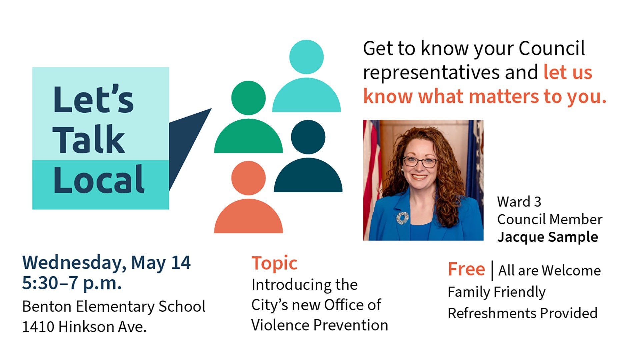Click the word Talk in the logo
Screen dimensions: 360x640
[x=89, y=140]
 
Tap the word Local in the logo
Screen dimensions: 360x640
[x=99, y=180]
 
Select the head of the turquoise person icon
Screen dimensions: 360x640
[x=306, y=57]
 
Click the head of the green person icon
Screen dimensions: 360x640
[x=248, y=98]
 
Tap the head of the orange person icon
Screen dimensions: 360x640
[x=248, y=178]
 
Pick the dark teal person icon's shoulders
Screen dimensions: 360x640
[x=308, y=177]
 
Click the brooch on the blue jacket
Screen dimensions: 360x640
[x=402, y=218]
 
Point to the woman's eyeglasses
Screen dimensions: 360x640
[x=420, y=162]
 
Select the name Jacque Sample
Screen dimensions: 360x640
[x=547, y=237]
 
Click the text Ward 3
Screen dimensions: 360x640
[x=519, y=202]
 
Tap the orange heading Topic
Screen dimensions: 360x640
[x=274, y=263]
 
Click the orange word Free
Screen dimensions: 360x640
[x=466, y=269]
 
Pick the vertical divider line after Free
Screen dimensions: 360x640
[x=492, y=270]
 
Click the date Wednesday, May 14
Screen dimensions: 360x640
[x=106, y=263]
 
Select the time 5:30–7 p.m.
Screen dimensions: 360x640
[x=72, y=283]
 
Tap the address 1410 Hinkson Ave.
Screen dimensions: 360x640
[x=84, y=327]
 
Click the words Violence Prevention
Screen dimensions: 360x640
[x=319, y=325]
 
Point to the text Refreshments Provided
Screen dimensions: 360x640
[x=522, y=313]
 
